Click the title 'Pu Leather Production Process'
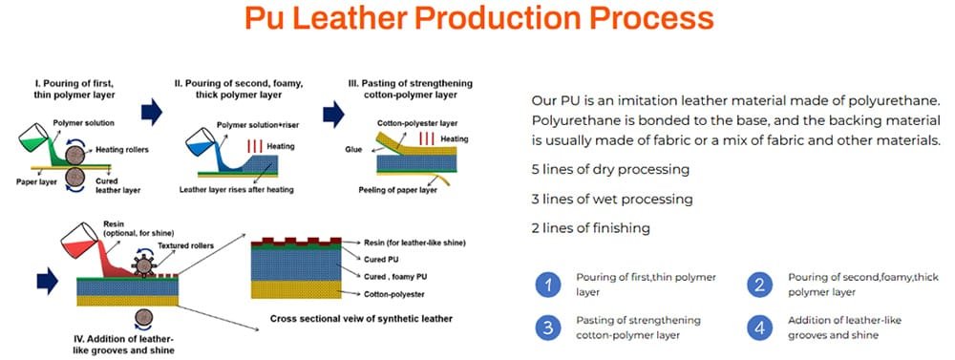pos(477,20)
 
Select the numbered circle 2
pos(760,285)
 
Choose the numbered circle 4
pos(760,328)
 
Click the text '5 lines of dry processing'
pos(609,170)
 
